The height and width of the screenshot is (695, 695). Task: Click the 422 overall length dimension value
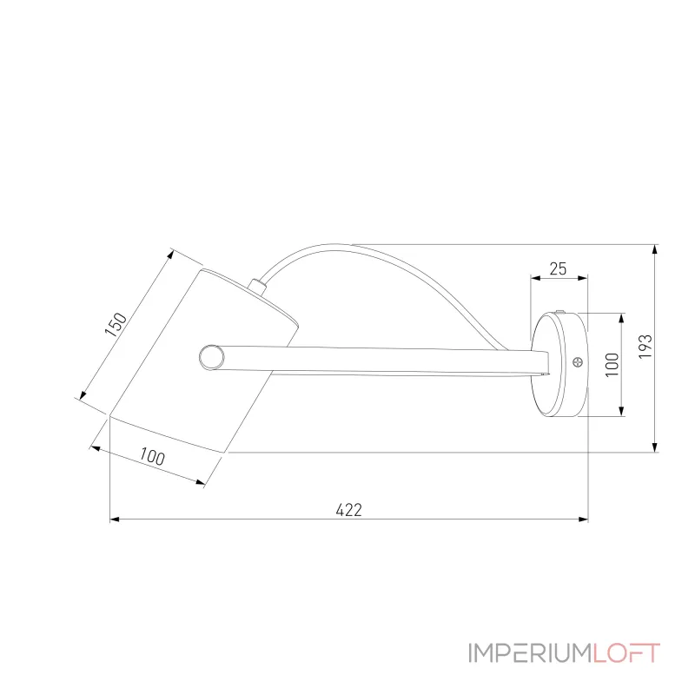point(347,510)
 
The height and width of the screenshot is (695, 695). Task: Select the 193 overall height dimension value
point(644,347)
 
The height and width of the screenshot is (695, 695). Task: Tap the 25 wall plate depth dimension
point(559,268)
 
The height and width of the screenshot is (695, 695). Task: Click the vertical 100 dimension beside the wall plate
point(612,364)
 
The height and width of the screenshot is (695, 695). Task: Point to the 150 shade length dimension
point(116,324)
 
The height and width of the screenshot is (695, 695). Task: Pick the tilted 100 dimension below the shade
point(151,457)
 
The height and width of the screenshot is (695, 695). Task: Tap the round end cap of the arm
point(210,356)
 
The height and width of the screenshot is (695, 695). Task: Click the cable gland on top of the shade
point(256,285)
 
